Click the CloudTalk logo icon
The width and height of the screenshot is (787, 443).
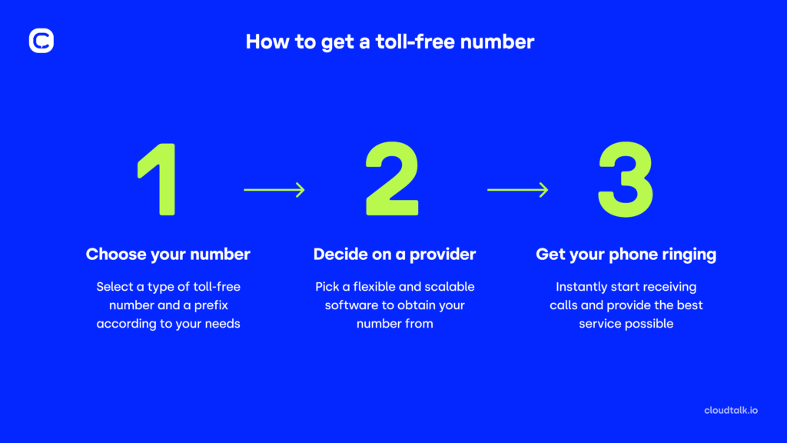click(42, 41)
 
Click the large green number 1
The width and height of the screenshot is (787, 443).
click(160, 179)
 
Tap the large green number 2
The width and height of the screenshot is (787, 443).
click(393, 179)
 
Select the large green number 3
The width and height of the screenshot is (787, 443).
click(626, 179)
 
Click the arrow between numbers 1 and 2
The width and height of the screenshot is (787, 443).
click(274, 189)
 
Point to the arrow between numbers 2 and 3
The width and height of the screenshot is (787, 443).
click(517, 189)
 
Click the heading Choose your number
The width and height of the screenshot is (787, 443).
click(168, 254)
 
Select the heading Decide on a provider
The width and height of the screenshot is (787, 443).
click(394, 254)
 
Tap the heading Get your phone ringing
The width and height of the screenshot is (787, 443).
click(626, 254)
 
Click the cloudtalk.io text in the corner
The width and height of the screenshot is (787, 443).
click(731, 410)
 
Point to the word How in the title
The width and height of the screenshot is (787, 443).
click(264, 42)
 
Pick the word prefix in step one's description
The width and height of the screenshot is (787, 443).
click(222, 305)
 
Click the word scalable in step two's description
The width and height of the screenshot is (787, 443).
click(447, 287)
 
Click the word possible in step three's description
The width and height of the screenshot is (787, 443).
click(649, 324)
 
